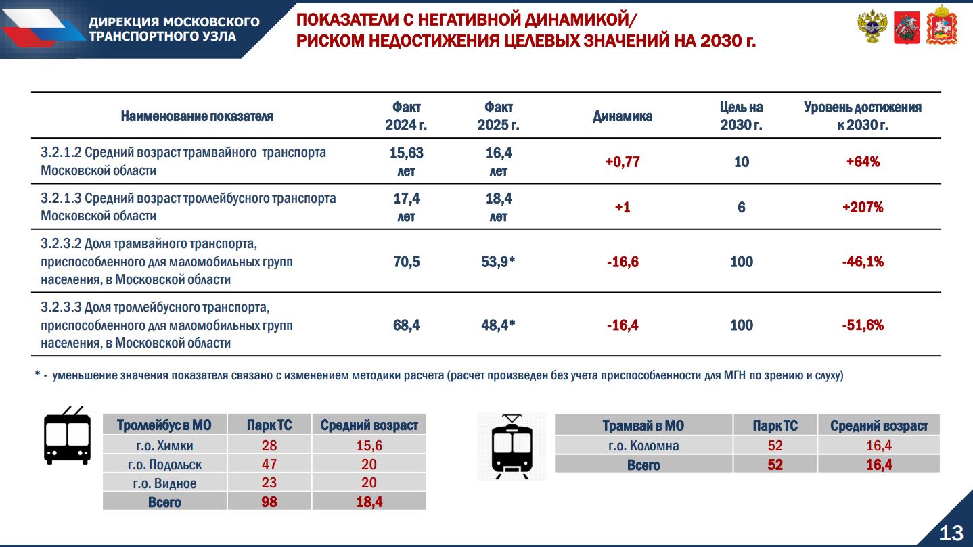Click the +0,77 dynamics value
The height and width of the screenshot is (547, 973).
click(x=623, y=162)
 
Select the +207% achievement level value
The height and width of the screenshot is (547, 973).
click(x=863, y=207)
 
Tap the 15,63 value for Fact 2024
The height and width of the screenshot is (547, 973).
click(x=406, y=153)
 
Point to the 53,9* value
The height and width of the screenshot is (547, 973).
click(x=498, y=262)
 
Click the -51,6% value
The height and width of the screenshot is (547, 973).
click(x=863, y=325)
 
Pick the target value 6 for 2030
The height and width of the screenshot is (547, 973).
click(x=742, y=207)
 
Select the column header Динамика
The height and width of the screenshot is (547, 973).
click(x=623, y=116)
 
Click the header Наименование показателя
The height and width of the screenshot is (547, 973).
click(x=197, y=116)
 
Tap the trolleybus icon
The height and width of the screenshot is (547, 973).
click(x=68, y=435)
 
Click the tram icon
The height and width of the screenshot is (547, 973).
click(x=512, y=447)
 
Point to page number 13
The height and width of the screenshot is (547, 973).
click(x=951, y=533)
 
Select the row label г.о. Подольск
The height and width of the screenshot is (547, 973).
click(x=164, y=465)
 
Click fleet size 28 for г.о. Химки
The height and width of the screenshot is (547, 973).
click(x=269, y=446)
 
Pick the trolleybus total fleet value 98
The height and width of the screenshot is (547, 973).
click(x=269, y=502)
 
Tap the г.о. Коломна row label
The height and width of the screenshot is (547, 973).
click(x=643, y=446)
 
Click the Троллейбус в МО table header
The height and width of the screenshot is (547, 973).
click(x=164, y=425)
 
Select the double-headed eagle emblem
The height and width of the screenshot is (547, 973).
click(x=872, y=27)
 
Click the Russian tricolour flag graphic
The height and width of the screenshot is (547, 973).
click(x=43, y=27)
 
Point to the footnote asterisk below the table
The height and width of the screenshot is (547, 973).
click(x=37, y=374)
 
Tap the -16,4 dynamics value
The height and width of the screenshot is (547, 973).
click(x=623, y=325)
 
